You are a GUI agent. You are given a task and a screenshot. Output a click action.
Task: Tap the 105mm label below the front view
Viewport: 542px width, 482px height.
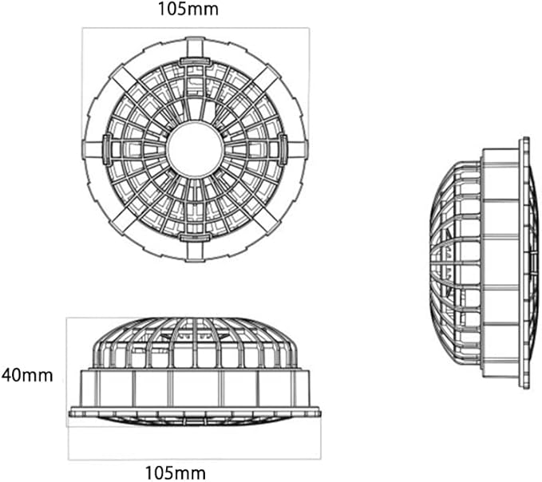point(182,472)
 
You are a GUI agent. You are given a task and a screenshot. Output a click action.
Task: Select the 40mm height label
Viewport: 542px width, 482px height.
point(27,374)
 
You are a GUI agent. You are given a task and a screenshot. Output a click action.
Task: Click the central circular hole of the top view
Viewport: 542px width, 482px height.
point(195,148)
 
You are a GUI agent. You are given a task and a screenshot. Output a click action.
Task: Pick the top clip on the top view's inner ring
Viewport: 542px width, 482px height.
point(195,61)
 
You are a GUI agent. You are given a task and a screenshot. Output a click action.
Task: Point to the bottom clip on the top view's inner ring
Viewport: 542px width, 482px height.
point(195,236)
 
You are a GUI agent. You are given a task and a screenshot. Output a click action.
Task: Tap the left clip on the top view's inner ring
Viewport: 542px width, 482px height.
point(107,148)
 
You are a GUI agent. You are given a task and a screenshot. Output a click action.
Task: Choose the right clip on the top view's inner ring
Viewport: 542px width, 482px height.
point(283,148)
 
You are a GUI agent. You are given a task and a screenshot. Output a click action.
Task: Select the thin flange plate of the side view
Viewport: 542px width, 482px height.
point(524,263)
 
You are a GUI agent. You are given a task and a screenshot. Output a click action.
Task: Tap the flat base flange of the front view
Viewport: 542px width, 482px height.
point(195,412)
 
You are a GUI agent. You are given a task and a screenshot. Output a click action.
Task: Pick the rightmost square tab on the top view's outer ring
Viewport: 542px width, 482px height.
point(299,148)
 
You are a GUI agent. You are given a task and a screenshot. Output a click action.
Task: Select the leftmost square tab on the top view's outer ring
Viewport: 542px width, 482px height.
point(91,148)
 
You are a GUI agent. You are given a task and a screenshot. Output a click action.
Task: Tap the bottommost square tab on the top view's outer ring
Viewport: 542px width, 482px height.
point(195,251)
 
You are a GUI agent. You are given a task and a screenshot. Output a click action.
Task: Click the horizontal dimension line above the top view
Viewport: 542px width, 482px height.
point(195,29)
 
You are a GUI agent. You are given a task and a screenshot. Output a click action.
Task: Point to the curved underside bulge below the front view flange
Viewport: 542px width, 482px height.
point(195,421)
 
